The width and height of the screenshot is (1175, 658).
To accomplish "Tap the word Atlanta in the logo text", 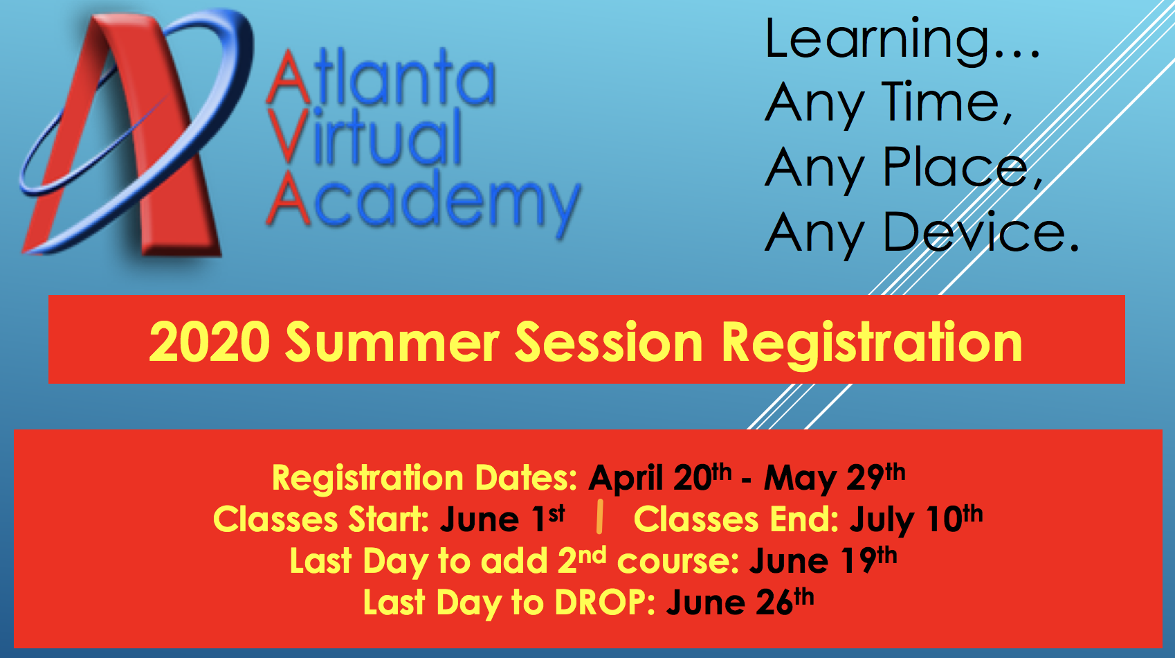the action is [381, 77].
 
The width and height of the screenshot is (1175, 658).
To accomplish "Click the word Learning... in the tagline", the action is [902, 41].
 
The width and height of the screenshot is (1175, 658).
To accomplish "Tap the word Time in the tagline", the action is [946, 103].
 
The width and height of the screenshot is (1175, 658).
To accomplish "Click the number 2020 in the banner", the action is [209, 342].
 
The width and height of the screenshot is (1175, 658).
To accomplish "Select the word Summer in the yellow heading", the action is [392, 342].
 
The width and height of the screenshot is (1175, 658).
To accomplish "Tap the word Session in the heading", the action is [609, 342].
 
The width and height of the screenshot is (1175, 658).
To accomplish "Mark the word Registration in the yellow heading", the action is [871, 344].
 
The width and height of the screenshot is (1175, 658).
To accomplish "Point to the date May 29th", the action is [835, 477].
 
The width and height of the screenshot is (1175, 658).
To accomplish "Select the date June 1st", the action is [502, 519].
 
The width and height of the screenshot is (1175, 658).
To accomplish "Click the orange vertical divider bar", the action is [599, 517].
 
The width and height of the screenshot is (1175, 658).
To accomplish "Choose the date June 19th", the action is [823, 560].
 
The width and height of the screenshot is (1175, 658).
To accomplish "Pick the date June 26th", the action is [740, 602].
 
